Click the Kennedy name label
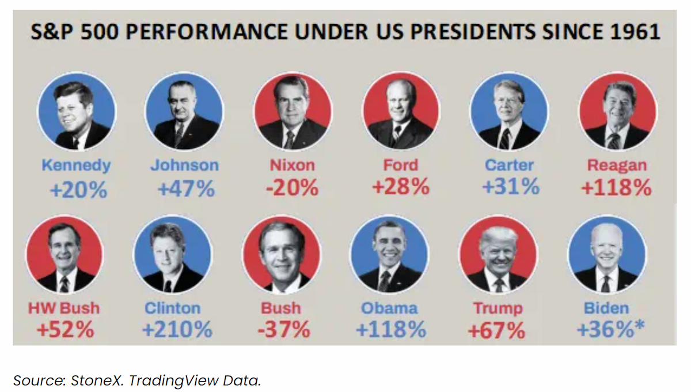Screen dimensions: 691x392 point(76,165)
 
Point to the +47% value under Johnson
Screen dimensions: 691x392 point(186,189)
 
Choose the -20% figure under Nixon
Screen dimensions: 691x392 point(292,187)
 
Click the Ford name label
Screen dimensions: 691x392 point(400,165)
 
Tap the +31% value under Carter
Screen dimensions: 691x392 point(511,186)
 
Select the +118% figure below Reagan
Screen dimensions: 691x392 point(616,187)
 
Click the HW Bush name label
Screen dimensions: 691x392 point(64,308)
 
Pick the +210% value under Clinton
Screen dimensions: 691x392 point(177,329)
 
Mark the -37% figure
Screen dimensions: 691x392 point(284,329)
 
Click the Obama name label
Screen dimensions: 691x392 point(389,308)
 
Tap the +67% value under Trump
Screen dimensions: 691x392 point(496,330)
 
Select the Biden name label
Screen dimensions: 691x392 point(606,308)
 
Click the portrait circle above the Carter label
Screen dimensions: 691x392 point(509,111)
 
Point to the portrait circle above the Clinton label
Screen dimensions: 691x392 point(172,254)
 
